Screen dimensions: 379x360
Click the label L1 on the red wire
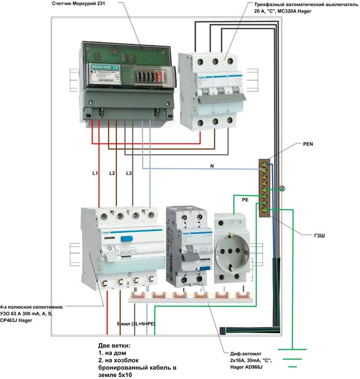pyautogui.click(x=95, y=173)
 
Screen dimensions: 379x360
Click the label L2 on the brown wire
pyautogui.click(x=112, y=173)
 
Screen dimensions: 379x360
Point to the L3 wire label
pyautogui.click(x=129, y=173)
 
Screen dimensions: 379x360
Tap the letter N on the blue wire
pyautogui.click(x=211, y=165)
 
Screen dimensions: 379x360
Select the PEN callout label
pyautogui.click(x=308, y=144)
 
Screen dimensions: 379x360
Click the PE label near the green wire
pyautogui.click(x=245, y=200)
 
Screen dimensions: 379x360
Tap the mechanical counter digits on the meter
pyautogui.click(x=148, y=77)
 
